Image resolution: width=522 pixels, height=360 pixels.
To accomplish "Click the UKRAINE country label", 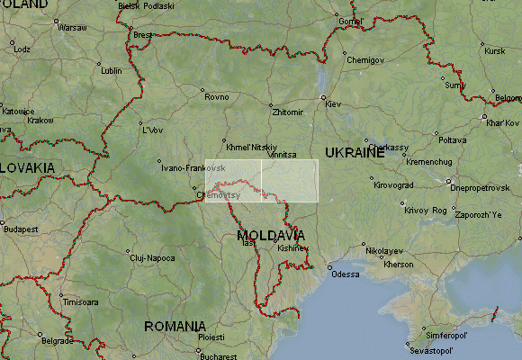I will [355, 153].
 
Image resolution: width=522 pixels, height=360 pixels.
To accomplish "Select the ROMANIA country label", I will [175, 326].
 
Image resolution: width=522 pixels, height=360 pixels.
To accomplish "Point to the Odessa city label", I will [345, 274].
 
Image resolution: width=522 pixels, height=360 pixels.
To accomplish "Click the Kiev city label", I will [333, 105].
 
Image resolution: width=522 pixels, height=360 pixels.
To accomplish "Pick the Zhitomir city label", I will [287, 113].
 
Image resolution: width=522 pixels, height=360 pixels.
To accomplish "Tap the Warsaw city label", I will [72, 28].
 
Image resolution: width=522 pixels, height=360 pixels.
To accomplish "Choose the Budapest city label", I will [20, 229].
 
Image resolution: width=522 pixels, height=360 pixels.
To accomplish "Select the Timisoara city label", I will [79, 302].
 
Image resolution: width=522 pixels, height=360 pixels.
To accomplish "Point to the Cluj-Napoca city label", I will [151, 257].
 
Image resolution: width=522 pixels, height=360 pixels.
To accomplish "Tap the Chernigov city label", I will [364, 60].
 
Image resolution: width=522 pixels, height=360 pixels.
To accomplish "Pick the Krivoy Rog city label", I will [426, 210].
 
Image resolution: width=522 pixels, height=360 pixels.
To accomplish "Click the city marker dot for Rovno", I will [202, 89].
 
